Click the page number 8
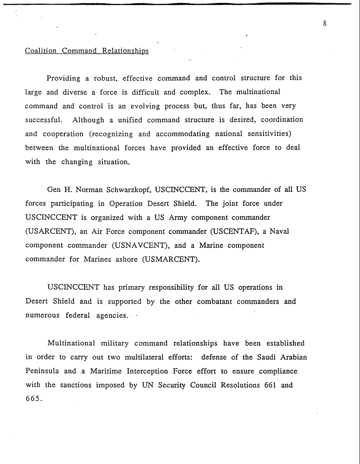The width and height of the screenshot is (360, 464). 324,24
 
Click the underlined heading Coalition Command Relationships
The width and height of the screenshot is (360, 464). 87,51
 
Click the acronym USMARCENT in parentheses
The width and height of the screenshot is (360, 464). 170,259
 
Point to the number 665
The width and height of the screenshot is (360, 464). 34,399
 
